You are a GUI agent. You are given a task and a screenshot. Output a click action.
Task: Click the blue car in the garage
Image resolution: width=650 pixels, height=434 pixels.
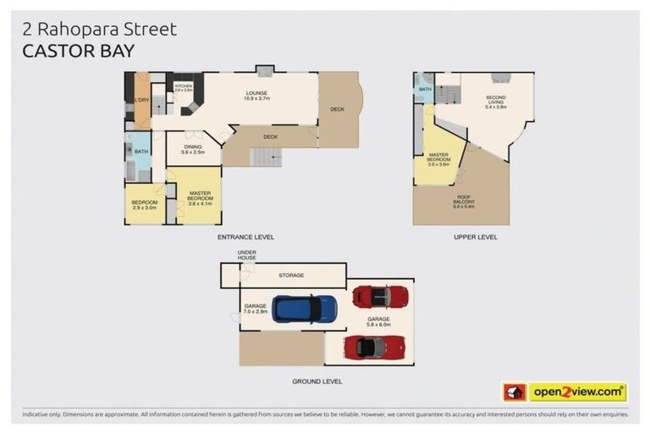tap(304, 309)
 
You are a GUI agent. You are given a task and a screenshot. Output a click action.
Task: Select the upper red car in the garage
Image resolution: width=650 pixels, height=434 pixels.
tap(380, 296)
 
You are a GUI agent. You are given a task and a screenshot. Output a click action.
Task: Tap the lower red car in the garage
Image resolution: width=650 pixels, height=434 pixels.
tap(374, 347)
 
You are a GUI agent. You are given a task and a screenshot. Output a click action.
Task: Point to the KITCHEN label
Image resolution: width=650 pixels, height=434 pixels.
tap(184, 87)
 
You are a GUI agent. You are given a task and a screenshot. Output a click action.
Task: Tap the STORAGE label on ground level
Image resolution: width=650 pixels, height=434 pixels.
tap(291, 275)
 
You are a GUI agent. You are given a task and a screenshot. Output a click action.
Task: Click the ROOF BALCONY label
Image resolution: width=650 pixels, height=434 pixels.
tap(463, 199)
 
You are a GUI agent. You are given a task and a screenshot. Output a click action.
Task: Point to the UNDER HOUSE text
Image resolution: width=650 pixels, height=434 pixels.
tap(247, 255)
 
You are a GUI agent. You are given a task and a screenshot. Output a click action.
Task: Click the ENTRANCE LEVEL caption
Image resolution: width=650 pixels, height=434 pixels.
tap(245, 236)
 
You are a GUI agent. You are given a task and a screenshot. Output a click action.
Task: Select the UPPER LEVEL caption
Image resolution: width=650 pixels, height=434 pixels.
tap(476, 236)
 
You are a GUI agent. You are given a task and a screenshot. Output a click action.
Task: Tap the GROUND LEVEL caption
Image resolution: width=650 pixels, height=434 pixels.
tap(317, 381)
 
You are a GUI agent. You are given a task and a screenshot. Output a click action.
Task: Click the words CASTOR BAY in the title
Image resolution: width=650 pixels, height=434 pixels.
tap(78, 51)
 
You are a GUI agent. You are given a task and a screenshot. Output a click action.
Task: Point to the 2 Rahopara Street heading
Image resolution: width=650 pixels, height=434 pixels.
tap(100, 29)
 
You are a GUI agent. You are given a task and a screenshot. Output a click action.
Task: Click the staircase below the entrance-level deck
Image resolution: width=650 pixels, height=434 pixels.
tap(267, 157)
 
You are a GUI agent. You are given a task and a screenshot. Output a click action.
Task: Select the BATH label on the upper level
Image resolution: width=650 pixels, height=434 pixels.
tap(425, 89)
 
